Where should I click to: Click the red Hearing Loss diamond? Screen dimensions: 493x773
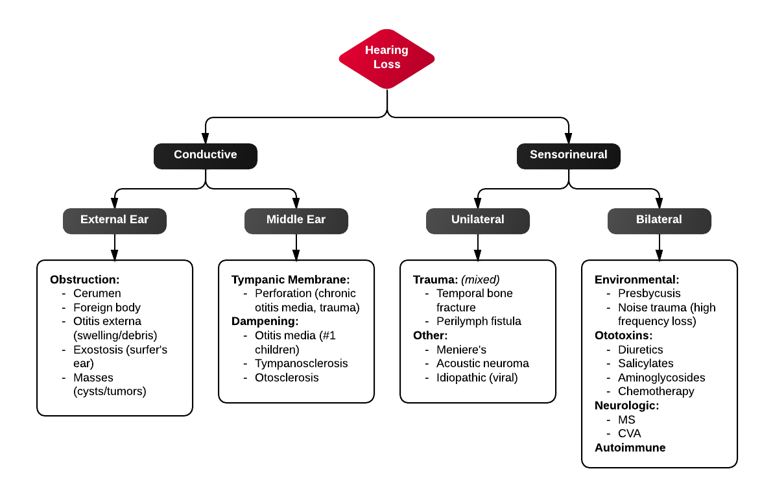tap(386, 58)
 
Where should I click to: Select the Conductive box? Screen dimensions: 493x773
tap(206, 155)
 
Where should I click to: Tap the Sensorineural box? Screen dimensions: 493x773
tap(568, 155)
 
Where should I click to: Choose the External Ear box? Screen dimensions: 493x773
tap(114, 220)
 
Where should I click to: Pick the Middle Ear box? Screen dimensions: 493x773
tap(296, 220)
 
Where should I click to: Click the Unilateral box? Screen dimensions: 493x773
tap(477, 220)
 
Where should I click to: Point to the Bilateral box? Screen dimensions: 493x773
tap(659, 220)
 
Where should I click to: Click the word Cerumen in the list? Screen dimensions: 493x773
tap(97, 294)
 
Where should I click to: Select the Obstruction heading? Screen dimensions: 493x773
tap(85, 280)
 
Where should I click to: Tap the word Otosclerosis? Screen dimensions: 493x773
tap(287, 378)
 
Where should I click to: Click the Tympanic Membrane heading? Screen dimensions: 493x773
tap(291, 280)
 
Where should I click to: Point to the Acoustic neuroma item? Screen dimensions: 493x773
tap(482, 363)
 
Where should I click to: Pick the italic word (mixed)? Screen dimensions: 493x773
tap(480, 280)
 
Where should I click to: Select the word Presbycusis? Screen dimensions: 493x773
tap(649, 294)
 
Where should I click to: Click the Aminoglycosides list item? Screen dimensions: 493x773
tap(661, 378)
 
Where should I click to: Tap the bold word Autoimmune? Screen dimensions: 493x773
tap(630, 448)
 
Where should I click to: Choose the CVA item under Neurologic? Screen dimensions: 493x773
tap(629, 433)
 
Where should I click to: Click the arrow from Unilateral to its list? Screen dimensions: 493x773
tap(478, 246)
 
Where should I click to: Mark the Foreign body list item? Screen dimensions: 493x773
tap(107, 307)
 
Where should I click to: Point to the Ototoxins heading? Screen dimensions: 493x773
tap(623, 335)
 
